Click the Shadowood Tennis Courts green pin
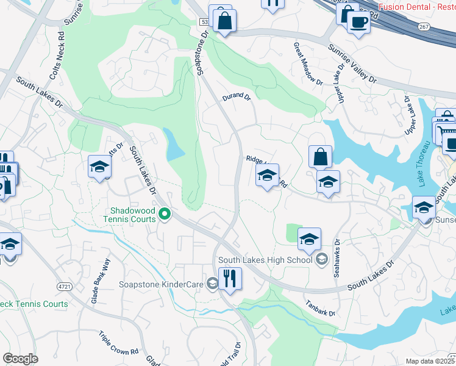[x=164, y=214]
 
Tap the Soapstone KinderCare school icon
[x=212, y=282]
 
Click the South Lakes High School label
[x=266, y=260]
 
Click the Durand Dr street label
[x=237, y=96]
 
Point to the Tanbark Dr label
[x=320, y=309]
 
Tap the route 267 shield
[x=425, y=26]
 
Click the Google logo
[x=20, y=359]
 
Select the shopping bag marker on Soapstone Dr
[x=224, y=20]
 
